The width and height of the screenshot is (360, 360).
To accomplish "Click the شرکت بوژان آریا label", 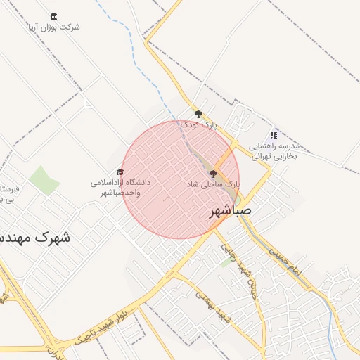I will point(54,27).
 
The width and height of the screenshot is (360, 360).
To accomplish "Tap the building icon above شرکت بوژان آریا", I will point(54,16).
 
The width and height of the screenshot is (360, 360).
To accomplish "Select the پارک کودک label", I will point(199,125).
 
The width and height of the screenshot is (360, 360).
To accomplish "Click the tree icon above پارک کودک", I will point(199,114).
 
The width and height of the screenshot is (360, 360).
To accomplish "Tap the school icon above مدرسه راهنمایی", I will point(274,135).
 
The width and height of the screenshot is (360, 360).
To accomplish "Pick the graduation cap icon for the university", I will point(120,172).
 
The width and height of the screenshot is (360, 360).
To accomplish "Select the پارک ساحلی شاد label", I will point(213,184).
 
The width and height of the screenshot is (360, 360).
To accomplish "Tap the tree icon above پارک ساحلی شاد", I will point(213,172).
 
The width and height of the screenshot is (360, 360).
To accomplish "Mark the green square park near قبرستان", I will point(44,181).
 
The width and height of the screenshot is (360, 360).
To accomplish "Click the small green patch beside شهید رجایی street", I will point(226,262).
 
